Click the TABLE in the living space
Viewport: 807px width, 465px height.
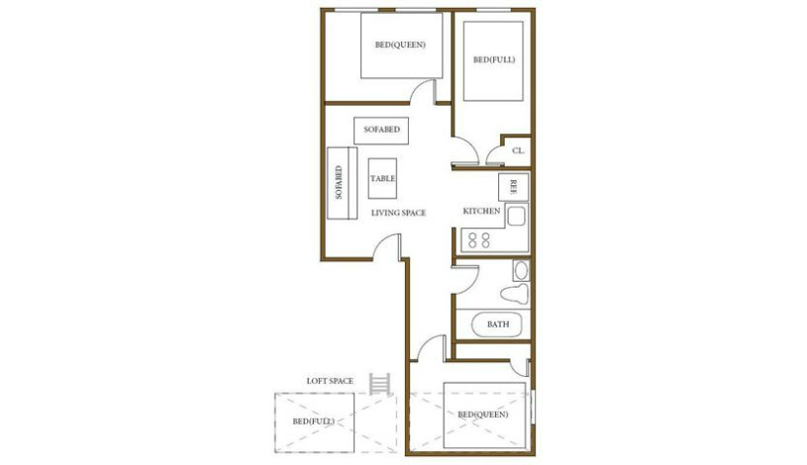tap(383, 178)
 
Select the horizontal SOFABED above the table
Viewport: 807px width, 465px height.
tap(381, 130)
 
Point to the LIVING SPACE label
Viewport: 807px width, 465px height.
tap(398, 213)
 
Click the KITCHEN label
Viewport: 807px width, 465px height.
tap(481, 212)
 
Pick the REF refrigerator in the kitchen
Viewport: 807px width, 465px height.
tap(514, 186)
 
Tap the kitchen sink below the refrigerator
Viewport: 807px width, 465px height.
tap(516, 216)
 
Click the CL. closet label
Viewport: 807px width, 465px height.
tap(518, 151)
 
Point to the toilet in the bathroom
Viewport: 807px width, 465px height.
tap(514, 295)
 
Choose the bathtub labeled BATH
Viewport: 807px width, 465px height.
tap(495, 324)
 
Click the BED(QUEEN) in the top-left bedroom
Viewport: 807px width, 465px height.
tap(400, 46)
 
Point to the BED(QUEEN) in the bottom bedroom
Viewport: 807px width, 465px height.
tap(483, 414)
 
